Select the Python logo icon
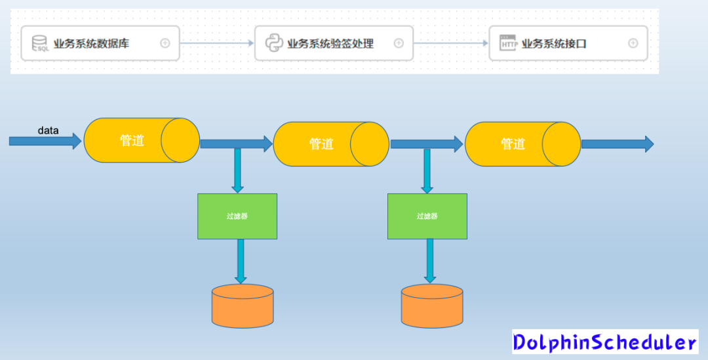(274, 43)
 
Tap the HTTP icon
(509, 43)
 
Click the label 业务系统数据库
(91, 44)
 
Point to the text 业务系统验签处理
(330, 44)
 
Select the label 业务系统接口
(554, 44)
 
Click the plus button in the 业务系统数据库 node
(165, 43)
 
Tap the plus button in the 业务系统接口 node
(633, 43)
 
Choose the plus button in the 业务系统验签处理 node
(399, 43)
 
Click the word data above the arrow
(48, 130)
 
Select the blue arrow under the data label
(45, 141)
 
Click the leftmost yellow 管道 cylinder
(141, 140)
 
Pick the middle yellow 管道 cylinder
(330, 144)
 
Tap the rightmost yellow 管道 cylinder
(522, 144)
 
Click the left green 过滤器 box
(237, 216)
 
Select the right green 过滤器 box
(427, 216)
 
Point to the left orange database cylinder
(243, 306)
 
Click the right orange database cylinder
(432, 306)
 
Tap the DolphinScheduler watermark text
(605, 342)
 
